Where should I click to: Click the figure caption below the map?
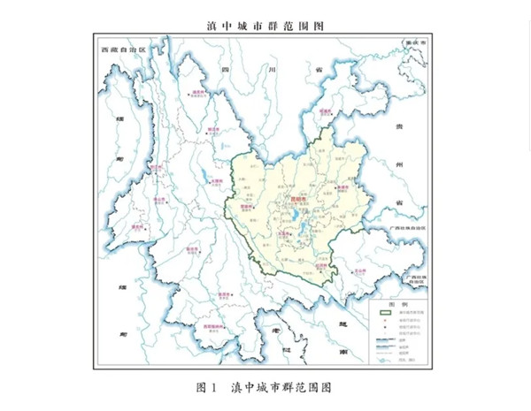coord(265,387)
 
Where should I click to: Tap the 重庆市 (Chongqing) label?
coord(412,42)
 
